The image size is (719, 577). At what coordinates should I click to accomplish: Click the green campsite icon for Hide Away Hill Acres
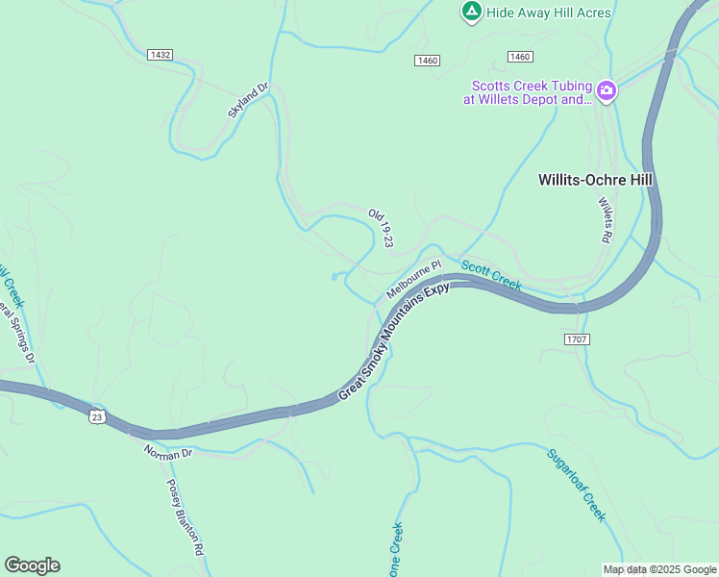point(471,12)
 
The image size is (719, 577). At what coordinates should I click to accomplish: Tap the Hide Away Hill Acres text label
point(549,13)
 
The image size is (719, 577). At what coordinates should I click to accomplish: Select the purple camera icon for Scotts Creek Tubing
point(607,91)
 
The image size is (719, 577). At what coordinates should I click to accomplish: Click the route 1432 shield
point(161,55)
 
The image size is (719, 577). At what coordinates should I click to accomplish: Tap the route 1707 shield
point(577,339)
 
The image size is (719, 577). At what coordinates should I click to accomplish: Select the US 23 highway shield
point(95,415)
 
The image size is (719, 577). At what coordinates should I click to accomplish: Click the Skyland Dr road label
point(248,100)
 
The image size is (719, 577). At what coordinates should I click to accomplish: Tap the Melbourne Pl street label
point(413,279)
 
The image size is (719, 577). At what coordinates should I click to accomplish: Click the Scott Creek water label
point(490,274)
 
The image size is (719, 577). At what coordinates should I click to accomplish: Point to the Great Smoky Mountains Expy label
point(394,342)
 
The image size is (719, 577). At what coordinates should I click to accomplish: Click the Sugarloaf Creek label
point(576,486)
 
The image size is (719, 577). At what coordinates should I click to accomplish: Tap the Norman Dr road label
point(168,451)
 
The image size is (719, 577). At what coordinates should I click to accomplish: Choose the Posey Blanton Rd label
point(186,517)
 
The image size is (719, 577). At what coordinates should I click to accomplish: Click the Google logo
point(32,565)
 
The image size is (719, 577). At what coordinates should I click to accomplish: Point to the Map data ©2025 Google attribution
point(659,569)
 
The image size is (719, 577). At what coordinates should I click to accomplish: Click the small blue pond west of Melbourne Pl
point(335,277)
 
